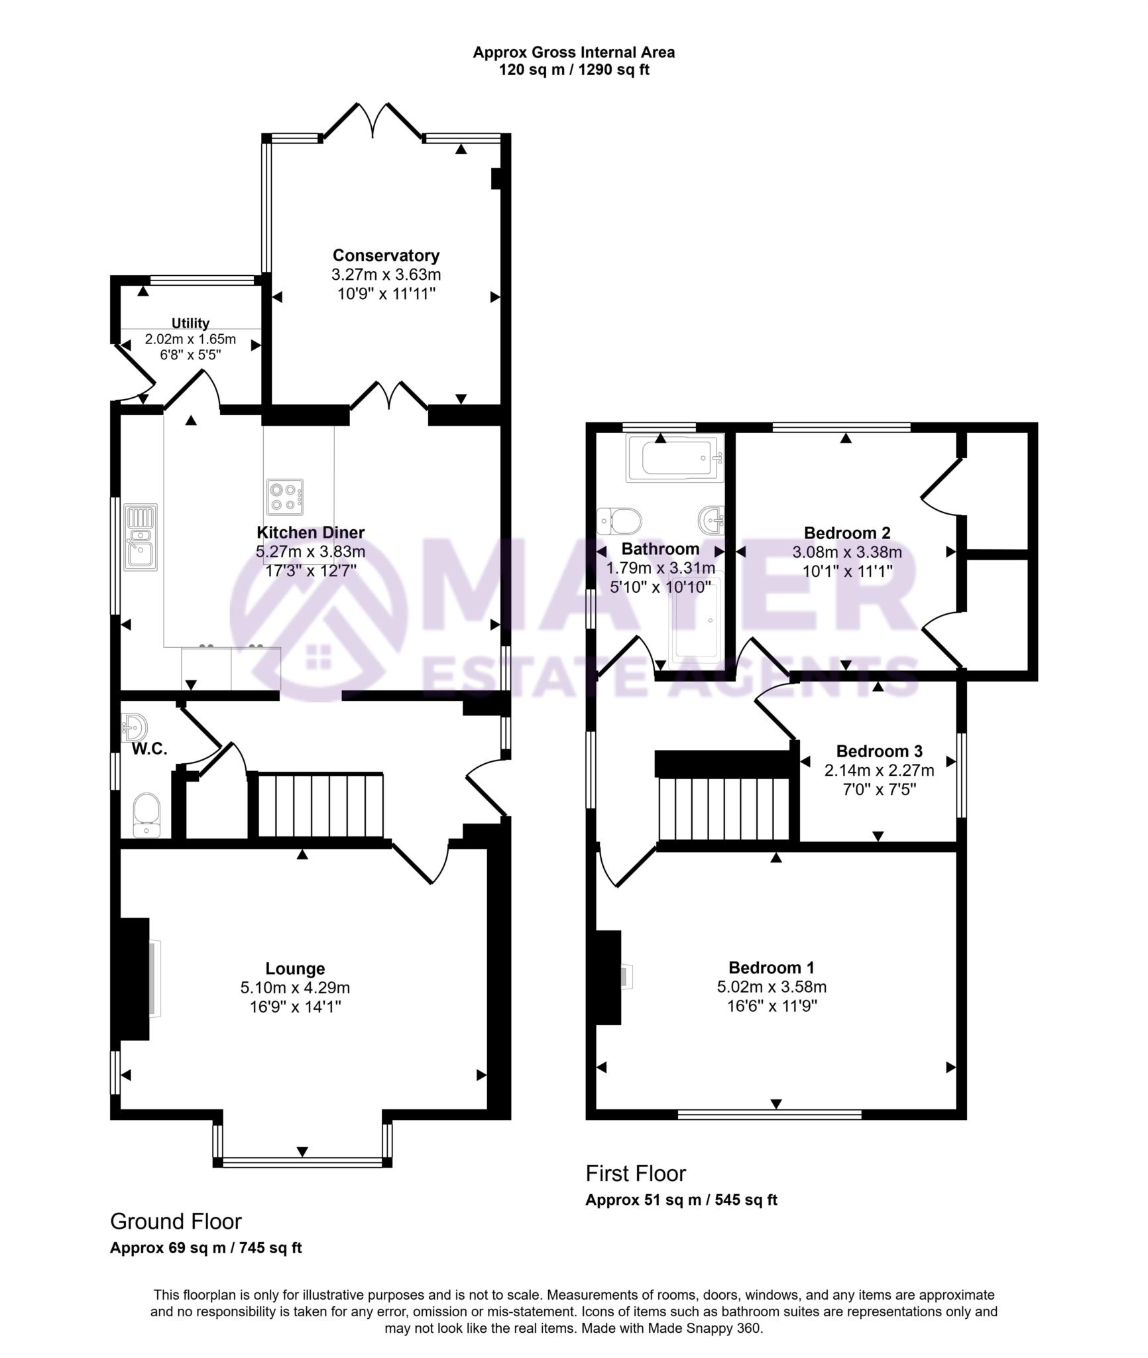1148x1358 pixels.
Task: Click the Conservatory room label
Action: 386,255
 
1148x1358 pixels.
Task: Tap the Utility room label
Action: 190,324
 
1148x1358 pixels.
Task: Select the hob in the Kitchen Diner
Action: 285,497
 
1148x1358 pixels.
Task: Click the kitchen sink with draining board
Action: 141,537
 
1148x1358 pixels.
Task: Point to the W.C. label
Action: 149,749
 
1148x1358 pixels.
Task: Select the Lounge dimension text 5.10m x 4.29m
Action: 295,987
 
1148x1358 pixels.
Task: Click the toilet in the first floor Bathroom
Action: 619,521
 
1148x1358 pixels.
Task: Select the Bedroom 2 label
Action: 846,532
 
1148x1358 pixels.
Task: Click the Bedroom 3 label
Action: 879,751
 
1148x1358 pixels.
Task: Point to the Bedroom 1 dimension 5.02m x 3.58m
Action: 772,987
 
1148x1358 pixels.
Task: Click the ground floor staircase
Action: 319,805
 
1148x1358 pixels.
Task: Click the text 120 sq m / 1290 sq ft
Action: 573,70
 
